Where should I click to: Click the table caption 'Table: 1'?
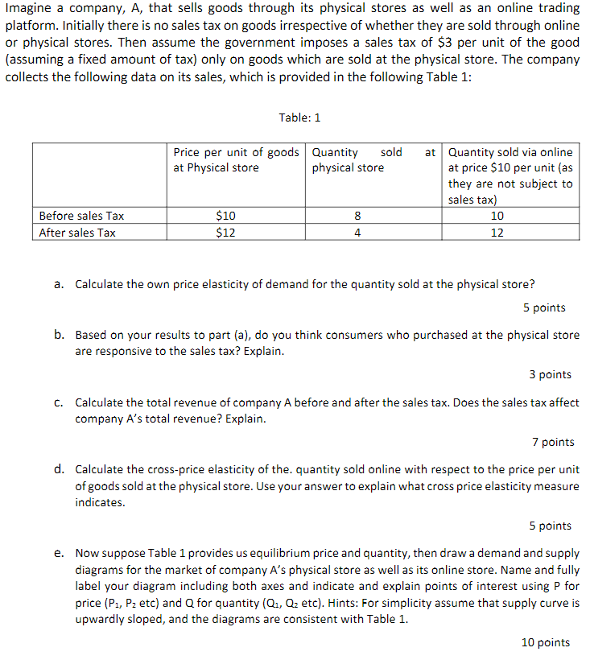pos(299,118)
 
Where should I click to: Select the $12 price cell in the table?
pos(226,233)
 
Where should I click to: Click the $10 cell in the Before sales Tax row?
pos(226,216)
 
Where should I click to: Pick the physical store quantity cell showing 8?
pos(357,216)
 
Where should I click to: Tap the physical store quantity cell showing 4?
pos(357,233)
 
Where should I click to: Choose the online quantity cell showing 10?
pos(497,216)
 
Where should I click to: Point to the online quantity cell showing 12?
pos(497,233)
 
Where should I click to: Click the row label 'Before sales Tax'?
pos(81,216)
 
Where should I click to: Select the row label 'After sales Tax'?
pos(77,233)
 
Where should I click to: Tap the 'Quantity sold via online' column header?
pos(510,152)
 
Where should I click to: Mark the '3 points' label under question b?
pos(550,374)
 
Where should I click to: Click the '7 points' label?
pos(553,442)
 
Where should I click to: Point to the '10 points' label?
pos(547,641)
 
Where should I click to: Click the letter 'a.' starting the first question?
pos(60,284)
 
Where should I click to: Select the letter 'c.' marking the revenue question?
pos(60,402)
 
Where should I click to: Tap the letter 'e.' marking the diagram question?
pos(60,553)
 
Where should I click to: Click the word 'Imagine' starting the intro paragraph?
pos(28,8)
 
